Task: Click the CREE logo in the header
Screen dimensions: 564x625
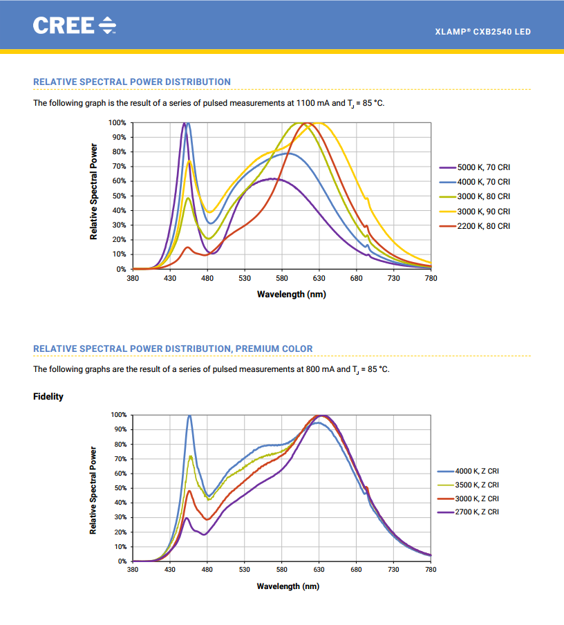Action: pyautogui.click(x=75, y=26)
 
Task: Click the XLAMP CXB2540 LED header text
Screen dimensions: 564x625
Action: pyautogui.click(x=482, y=32)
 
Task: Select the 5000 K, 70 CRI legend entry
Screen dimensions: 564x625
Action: pyautogui.click(x=475, y=167)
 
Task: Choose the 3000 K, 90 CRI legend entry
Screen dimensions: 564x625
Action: pyautogui.click(x=475, y=212)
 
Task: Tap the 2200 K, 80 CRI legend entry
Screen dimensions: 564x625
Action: pyautogui.click(x=475, y=226)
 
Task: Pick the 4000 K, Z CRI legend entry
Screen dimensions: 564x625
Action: pyautogui.click(x=468, y=471)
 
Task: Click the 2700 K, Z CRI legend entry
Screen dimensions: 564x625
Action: pyautogui.click(x=468, y=512)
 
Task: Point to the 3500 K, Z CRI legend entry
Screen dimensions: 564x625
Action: pyautogui.click(x=468, y=485)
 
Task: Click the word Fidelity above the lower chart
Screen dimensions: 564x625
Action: pyautogui.click(x=48, y=397)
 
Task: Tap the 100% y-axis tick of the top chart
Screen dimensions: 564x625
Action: pyautogui.click(x=117, y=123)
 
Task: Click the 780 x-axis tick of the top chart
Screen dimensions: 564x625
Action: pyautogui.click(x=431, y=278)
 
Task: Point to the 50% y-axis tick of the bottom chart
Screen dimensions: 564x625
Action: pyautogui.click(x=120, y=488)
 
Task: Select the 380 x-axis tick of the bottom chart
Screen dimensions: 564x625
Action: pyautogui.click(x=133, y=570)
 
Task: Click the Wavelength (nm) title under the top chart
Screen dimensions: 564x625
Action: pyautogui.click(x=292, y=295)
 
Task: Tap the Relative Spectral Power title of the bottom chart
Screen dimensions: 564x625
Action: pyautogui.click(x=93, y=490)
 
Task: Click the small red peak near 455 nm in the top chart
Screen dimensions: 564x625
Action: pyautogui.click(x=187, y=248)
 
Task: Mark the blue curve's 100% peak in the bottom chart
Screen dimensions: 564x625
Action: pyautogui.click(x=189, y=416)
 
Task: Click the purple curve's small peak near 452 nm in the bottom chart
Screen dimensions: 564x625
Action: pyautogui.click(x=186, y=518)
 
